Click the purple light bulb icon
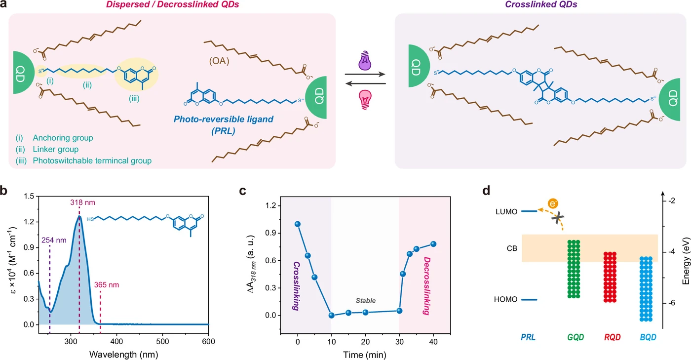tap(365, 60)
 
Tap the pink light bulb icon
tap(365, 99)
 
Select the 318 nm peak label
tap(83, 202)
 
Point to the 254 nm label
tap(54, 240)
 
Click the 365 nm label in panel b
tap(107, 284)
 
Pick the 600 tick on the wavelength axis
tap(208, 341)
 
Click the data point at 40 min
tap(433, 244)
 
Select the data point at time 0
tap(298, 224)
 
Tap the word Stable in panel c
tap(366, 300)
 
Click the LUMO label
tap(506, 212)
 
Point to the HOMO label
tap(505, 299)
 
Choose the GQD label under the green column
tap(576, 337)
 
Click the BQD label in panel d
tap(648, 337)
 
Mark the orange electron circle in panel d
tap(553, 204)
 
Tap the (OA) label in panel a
tap(219, 61)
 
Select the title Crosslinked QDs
tap(541, 4)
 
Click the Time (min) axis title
tap(365, 355)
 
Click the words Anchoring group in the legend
tap(63, 138)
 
